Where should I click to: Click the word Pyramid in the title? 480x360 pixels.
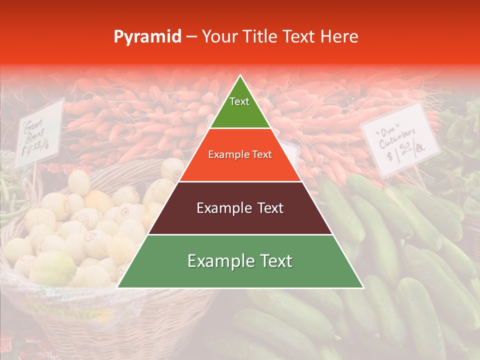pyautogui.click(x=147, y=37)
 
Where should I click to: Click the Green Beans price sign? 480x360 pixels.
pyautogui.click(x=39, y=132)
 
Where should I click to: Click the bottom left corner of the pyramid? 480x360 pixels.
pyautogui.click(x=118, y=287)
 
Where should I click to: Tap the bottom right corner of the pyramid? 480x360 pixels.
pyautogui.click(x=363, y=287)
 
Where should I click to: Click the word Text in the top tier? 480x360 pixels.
pyautogui.click(x=239, y=101)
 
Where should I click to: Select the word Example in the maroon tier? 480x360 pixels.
pyautogui.click(x=221, y=208)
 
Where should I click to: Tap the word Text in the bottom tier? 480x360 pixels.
pyautogui.click(x=274, y=261)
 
